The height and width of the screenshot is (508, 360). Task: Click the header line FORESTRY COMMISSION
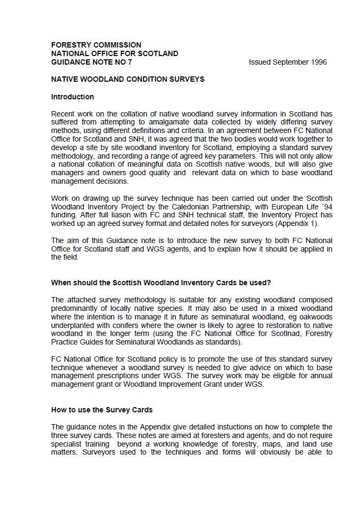96,45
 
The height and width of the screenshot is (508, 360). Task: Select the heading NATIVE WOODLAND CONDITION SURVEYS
128,79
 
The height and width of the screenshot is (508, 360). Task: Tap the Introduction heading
73,97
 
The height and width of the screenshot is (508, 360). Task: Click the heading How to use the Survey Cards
102,410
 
